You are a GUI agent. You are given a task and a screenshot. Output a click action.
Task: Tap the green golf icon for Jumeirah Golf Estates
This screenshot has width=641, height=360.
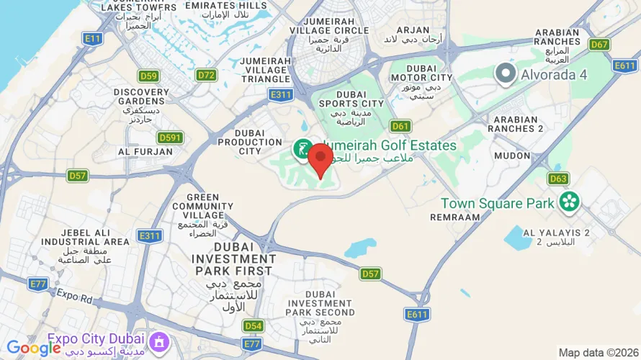coord(302,150)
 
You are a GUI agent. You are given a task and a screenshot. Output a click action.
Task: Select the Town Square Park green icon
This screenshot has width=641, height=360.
coord(570,202)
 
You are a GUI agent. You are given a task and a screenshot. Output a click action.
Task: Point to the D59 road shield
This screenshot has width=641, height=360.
coord(148,76)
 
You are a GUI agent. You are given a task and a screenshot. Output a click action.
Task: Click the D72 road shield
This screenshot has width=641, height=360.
coord(206,75)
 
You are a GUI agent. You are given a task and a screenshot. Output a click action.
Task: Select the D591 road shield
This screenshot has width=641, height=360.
coord(171,138)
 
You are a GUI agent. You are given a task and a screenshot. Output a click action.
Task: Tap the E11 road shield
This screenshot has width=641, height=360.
coord(92,38)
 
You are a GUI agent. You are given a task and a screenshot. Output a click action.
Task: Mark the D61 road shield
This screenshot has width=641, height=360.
coord(401,126)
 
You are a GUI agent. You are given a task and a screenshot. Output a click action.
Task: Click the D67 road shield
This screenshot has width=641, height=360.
coord(599,45)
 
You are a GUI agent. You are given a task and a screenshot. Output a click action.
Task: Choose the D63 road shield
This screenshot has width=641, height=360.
coord(558,178)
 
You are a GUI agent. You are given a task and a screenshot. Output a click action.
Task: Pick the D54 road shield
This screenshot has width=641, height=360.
coord(253,326)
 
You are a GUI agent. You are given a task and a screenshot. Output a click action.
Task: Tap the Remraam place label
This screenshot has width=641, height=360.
coord(454,217)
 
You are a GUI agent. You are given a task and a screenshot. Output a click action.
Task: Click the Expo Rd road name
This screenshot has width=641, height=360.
coord(75,295)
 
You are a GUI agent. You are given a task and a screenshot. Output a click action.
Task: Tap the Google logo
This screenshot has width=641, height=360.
coord(34,348)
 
